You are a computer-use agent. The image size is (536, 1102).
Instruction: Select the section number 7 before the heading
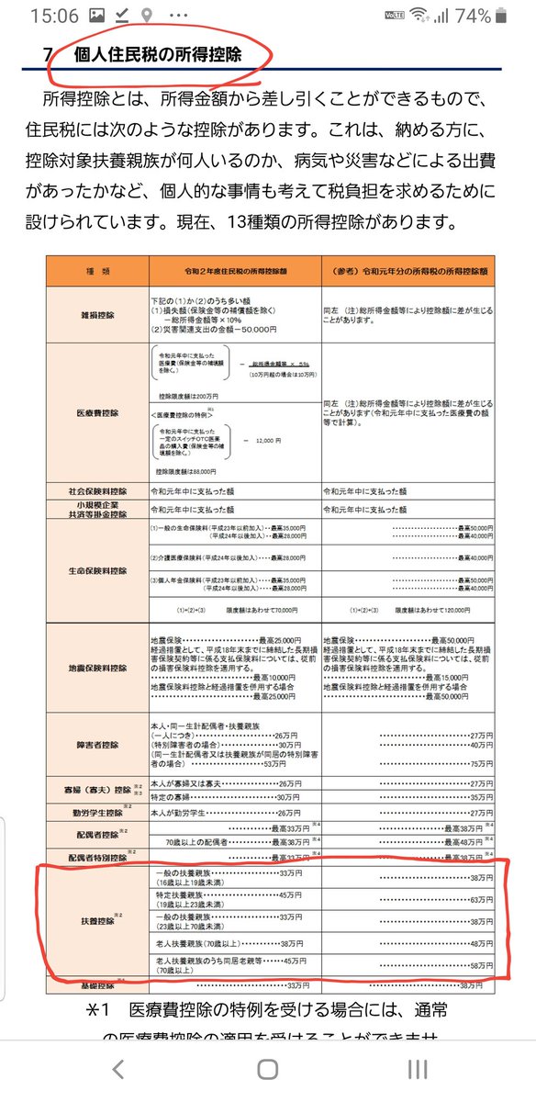[47, 54]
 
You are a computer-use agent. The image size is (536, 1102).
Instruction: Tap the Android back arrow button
[117, 1068]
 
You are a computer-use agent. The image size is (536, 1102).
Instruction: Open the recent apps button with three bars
[418, 1068]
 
